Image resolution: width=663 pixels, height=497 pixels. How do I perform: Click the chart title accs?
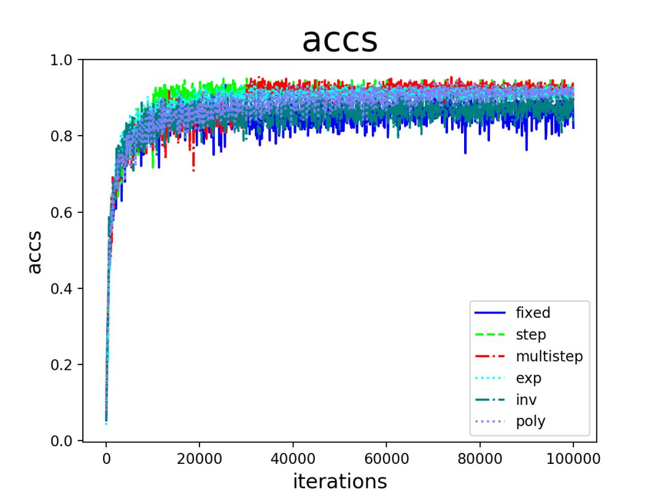coord(339,40)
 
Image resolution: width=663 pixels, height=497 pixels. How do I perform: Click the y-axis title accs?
coord(36,252)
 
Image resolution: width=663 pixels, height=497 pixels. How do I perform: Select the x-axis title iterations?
coord(339,480)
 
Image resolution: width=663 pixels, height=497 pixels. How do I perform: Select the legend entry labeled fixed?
coord(533,313)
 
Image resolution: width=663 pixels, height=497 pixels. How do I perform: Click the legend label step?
coord(530,335)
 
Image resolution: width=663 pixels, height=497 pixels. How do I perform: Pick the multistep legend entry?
coord(549,356)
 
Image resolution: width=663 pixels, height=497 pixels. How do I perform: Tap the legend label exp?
coord(529,378)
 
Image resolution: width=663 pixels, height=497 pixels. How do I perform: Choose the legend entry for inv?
coord(527,400)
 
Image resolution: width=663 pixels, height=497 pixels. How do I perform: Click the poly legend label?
coord(530,422)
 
